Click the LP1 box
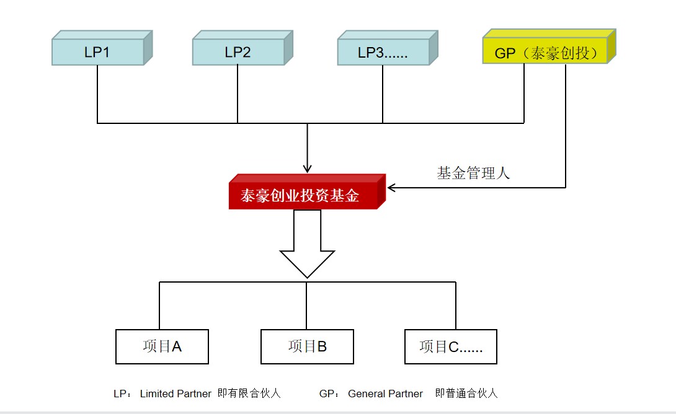102,48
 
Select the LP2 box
242,48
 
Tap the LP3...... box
388,48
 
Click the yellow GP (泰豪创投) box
549,46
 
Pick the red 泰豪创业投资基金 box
307,192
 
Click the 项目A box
162,347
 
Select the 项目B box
308,347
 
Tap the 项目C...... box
451,347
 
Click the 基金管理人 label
473,173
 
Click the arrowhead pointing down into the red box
308,169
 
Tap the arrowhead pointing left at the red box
391,187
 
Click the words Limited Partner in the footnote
176,394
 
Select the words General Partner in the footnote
385,394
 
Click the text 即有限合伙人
249,394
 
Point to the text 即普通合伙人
466,394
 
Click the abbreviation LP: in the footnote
122,394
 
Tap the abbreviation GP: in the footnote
329,394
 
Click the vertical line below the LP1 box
97,94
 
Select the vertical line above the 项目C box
456,306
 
